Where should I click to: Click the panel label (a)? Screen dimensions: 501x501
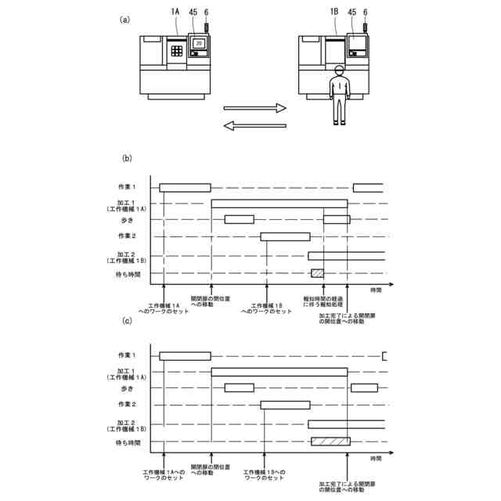[124, 20]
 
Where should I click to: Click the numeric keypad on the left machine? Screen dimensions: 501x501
[178, 49]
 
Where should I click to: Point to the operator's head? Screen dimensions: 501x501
[338, 71]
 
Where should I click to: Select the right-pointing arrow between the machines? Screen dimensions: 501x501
[255, 109]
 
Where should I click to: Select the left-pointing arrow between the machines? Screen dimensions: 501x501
[255, 125]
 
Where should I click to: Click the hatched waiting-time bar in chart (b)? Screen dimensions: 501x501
[317, 272]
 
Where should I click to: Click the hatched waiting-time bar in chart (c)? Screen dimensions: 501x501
[330, 442]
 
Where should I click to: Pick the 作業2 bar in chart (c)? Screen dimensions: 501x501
[285, 405]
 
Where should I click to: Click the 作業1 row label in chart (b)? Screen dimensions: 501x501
[127, 187]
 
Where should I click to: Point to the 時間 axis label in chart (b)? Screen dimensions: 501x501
[377, 290]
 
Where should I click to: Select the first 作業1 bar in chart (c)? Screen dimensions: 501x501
[185, 356]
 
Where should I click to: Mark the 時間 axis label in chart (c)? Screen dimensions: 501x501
[377, 457]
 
